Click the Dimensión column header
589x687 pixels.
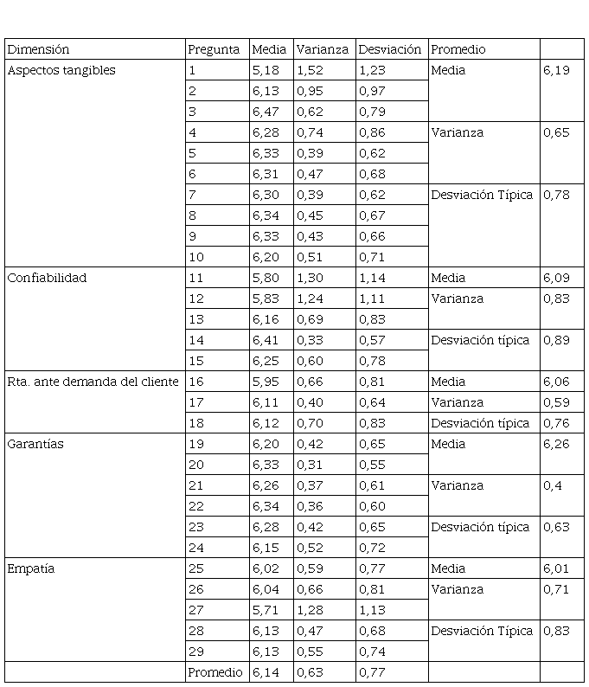(x=38, y=50)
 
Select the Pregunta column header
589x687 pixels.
(x=214, y=50)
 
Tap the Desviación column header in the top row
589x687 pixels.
(x=389, y=50)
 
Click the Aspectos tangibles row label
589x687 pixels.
(x=61, y=71)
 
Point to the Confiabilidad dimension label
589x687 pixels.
(x=47, y=279)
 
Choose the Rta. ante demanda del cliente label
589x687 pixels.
(x=93, y=382)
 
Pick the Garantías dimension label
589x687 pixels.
(x=35, y=445)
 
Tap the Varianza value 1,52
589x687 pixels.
(x=310, y=71)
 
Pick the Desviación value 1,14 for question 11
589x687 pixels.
(x=372, y=279)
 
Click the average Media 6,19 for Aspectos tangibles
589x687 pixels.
(x=556, y=71)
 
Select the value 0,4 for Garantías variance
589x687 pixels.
(x=552, y=486)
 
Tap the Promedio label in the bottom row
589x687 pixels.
(x=215, y=672)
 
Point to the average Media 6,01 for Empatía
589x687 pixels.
(x=556, y=569)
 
